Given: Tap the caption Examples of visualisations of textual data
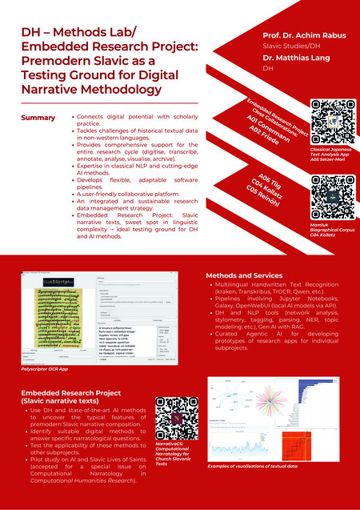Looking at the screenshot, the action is (x=253, y=465).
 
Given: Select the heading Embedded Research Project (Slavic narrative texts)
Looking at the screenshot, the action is (x=65, y=397).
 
